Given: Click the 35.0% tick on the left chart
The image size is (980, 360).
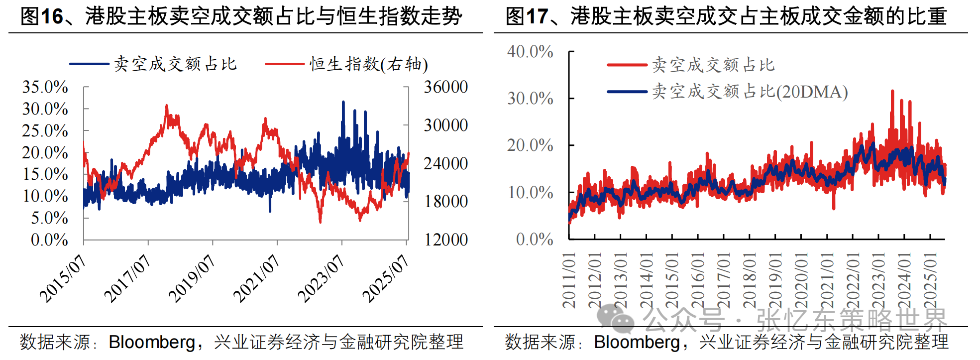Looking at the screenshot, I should [45, 87].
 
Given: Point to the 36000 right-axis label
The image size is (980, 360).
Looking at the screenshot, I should [445, 87].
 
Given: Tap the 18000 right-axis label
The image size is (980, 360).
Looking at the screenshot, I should [445, 202].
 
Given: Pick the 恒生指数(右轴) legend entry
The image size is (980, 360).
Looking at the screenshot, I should [368, 64].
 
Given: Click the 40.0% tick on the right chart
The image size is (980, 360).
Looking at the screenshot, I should [530, 52].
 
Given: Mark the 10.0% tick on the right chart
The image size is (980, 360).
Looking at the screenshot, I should [530, 193].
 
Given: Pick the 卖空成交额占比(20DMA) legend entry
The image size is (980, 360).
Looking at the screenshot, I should [750, 92].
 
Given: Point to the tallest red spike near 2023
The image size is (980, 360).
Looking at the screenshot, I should [892, 92].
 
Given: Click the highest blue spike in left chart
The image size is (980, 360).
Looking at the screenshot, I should [343, 102].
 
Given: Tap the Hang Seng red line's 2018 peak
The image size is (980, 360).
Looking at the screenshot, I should [167, 106].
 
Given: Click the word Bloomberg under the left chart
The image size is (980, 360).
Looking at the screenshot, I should [152, 342].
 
